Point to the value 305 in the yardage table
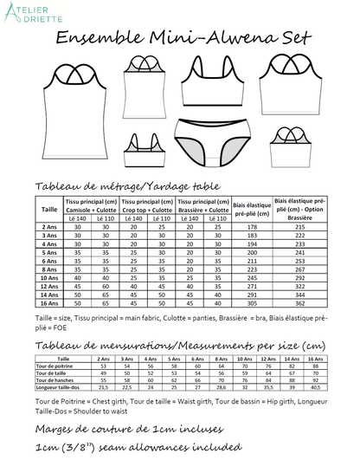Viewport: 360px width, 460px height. (240, 305)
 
